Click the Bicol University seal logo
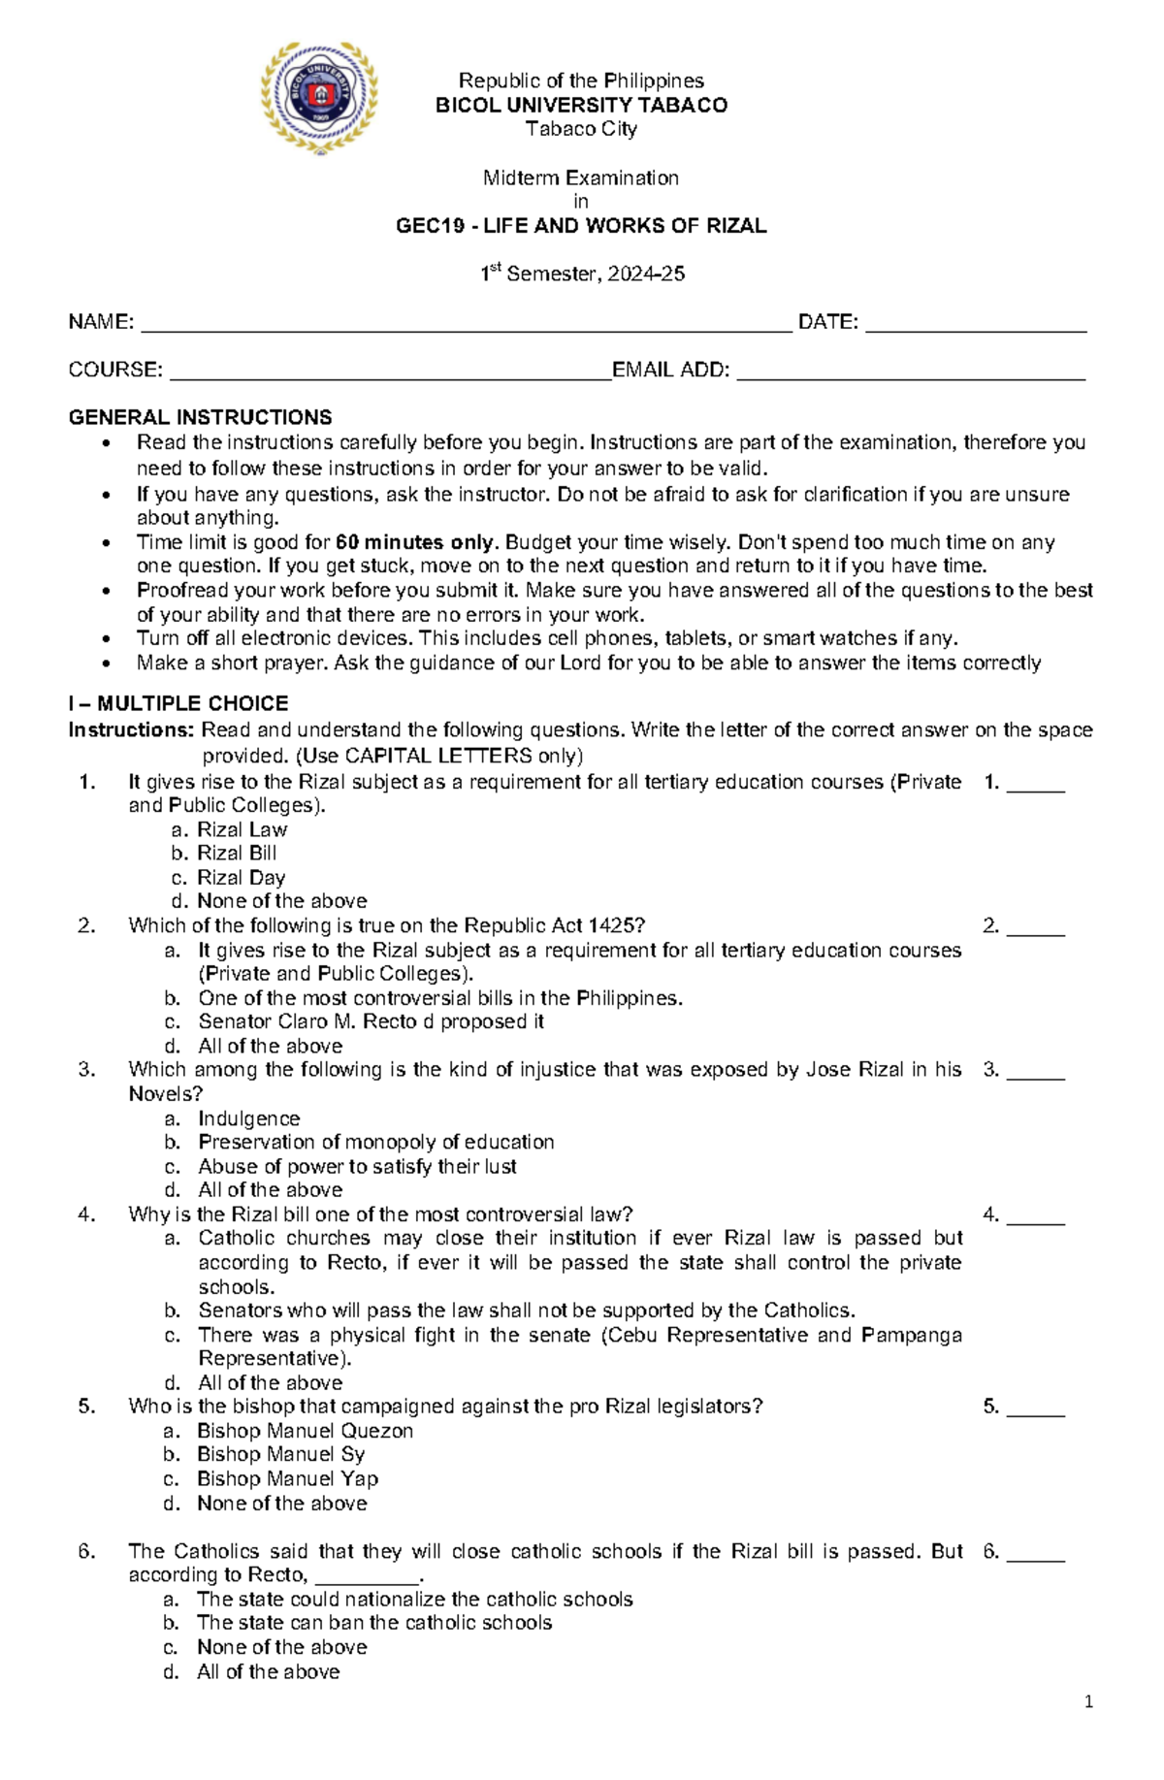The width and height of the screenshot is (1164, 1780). (x=319, y=97)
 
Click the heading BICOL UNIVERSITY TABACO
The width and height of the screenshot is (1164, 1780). (x=581, y=105)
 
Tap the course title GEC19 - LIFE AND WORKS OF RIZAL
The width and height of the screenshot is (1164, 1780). (x=581, y=226)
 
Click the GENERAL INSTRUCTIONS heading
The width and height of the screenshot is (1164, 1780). (x=200, y=418)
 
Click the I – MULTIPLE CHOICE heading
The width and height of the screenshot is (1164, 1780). (x=178, y=703)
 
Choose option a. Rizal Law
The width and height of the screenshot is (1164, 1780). (x=242, y=829)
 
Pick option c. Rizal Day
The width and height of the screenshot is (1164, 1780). (x=241, y=878)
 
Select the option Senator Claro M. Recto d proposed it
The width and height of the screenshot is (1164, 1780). (x=371, y=1021)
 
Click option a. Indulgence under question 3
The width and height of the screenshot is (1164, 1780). (x=248, y=1118)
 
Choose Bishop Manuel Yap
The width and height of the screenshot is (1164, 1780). (x=287, y=1479)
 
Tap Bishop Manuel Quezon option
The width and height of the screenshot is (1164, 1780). (x=305, y=1431)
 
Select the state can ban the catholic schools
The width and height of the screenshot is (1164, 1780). (x=373, y=1623)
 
